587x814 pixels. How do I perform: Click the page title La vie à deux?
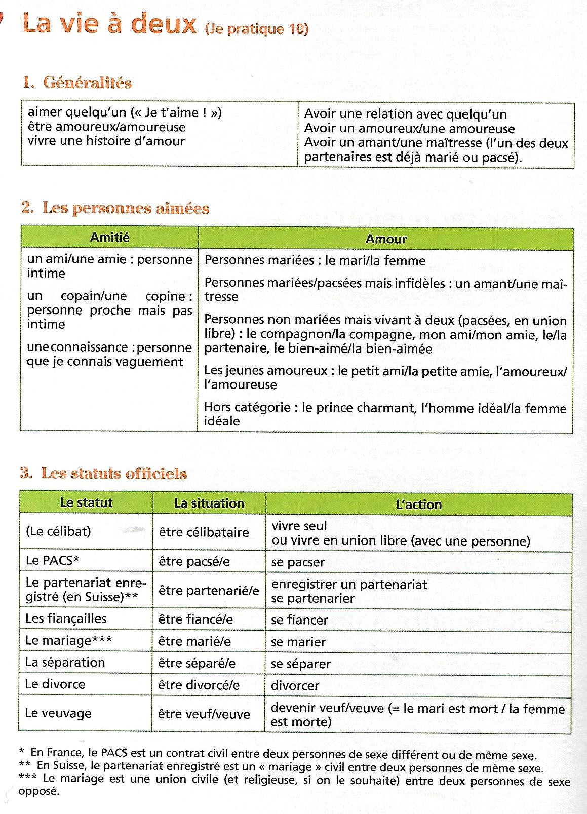[109, 24]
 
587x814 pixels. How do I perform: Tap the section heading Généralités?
[87, 83]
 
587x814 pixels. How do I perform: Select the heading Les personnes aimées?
[125, 208]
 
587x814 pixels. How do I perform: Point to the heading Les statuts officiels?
[113, 474]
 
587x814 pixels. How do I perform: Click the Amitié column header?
[109, 237]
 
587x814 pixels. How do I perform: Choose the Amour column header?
[386, 239]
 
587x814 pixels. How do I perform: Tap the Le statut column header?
[86, 503]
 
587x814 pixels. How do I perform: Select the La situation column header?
[209, 503]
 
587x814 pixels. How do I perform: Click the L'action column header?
[418, 505]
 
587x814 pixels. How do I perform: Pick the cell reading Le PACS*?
[53, 560]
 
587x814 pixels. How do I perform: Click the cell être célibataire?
[204, 532]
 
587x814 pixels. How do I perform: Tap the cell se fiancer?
[299, 620]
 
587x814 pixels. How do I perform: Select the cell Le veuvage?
[58, 713]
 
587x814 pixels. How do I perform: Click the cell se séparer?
[300, 664]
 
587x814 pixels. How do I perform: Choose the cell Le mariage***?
[69, 640]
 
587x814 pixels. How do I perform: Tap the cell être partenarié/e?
[209, 591]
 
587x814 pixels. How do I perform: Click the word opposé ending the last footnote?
[38, 791]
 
